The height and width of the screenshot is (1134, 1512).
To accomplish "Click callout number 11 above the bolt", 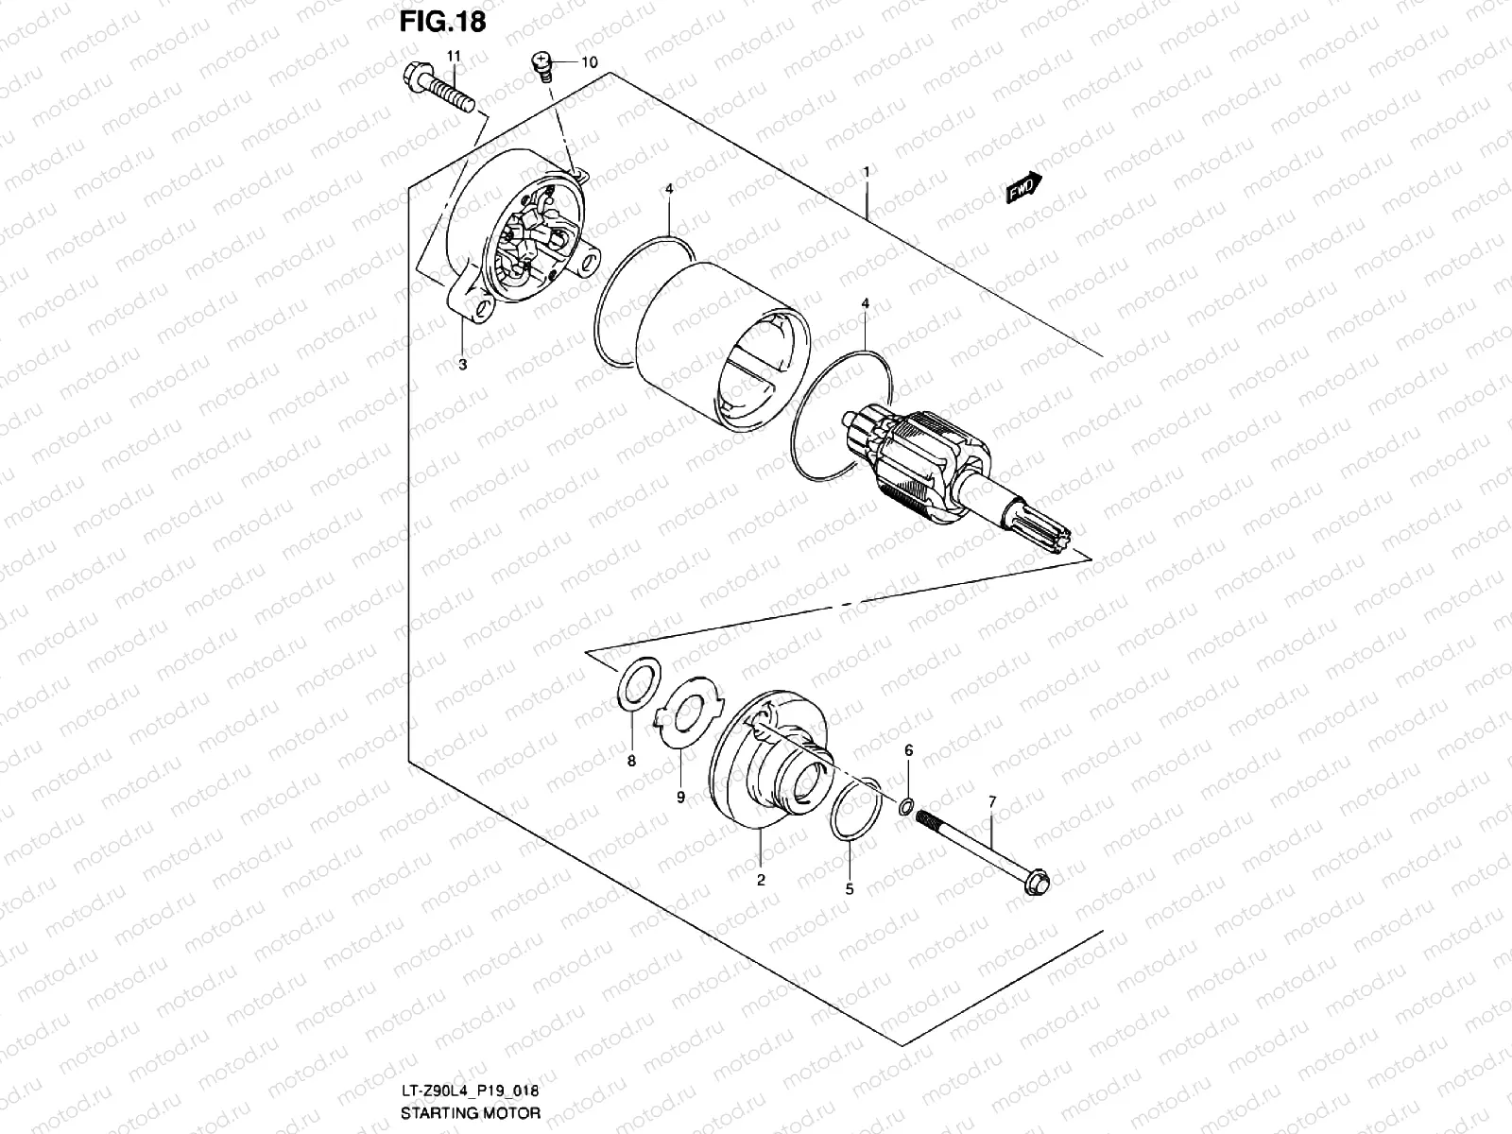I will (454, 57).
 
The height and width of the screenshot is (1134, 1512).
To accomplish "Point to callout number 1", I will (865, 171).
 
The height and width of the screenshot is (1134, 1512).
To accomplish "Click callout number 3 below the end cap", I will (462, 365).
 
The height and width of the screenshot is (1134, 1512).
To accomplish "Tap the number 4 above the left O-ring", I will (668, 189).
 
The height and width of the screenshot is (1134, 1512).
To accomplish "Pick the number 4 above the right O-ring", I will (865, 303).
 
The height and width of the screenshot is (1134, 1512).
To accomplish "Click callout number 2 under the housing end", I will (760, 879).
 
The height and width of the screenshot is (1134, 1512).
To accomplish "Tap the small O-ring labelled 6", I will (905, 806).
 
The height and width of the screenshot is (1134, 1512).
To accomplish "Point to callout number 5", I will (849, 888).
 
